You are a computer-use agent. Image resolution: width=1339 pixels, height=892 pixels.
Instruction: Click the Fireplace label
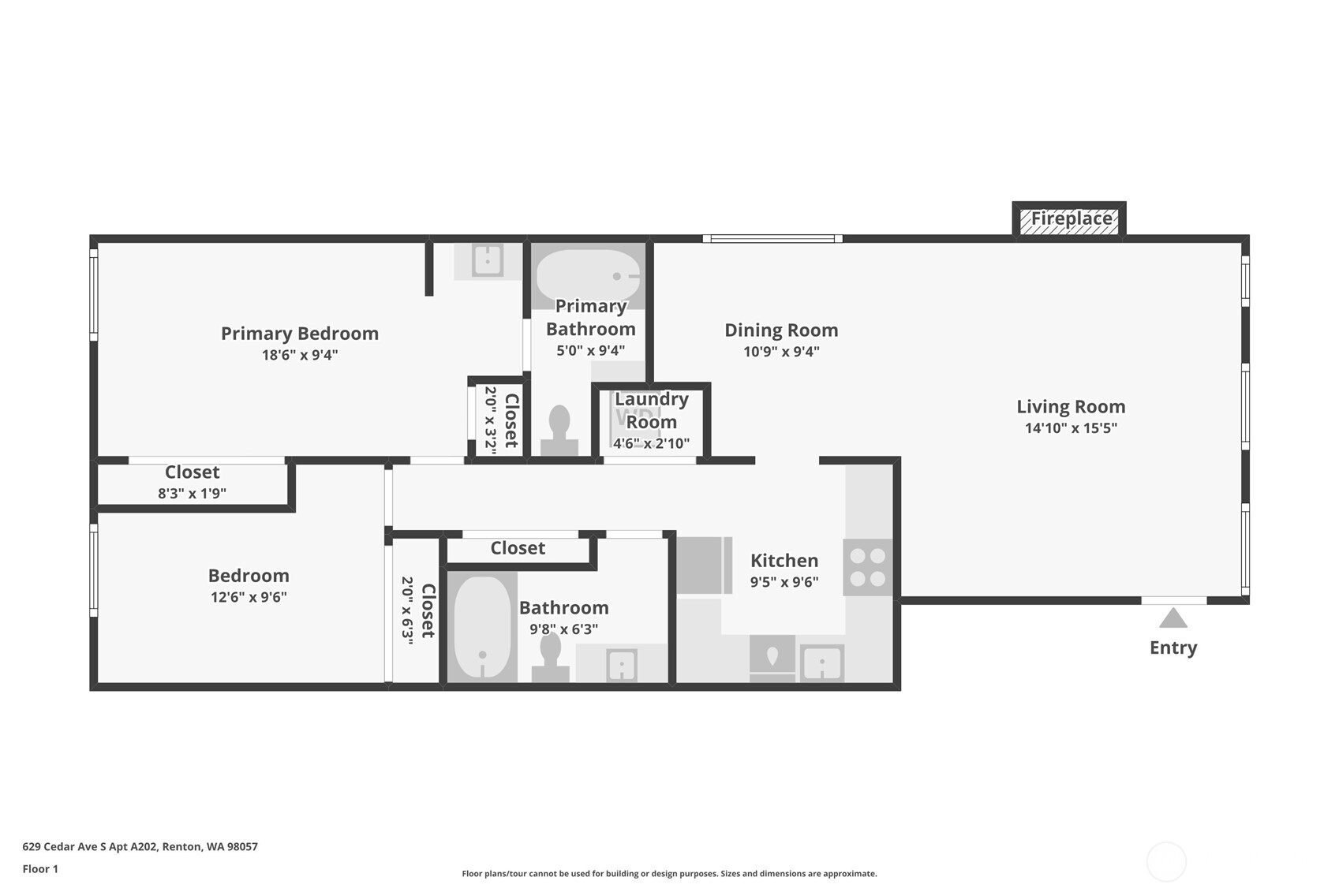(1071, 218)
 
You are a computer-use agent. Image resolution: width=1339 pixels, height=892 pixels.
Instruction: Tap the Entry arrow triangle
(1173, 618)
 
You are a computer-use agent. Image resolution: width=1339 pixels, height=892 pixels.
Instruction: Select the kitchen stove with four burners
(867, 567)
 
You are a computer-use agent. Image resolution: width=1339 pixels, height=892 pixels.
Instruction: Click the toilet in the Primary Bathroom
(559, 431)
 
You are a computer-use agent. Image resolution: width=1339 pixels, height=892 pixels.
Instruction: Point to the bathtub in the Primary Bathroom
(589, 276)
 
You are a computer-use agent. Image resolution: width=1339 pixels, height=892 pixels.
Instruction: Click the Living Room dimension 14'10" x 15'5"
(1071, 428)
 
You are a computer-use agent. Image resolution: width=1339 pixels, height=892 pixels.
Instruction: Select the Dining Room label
(781, 330)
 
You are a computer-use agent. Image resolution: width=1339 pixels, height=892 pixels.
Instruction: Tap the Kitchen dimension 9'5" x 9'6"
(784, 582)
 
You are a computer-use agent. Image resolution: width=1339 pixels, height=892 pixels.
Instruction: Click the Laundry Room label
(652, 410)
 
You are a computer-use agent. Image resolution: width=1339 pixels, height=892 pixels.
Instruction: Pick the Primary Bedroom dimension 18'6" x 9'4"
(300, 355)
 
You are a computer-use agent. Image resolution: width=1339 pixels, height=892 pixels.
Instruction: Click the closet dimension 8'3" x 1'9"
(192, 494)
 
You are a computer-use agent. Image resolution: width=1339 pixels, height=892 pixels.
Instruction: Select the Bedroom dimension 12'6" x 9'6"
(249, 597)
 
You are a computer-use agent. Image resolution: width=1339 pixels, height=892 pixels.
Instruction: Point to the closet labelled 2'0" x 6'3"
(417, 611)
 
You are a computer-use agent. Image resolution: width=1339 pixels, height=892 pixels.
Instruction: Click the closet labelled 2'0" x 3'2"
(501, 420)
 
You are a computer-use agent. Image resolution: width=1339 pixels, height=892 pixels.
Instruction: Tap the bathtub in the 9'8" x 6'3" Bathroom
(482, 627)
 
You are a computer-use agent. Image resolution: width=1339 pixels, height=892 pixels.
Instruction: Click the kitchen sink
(822, 664)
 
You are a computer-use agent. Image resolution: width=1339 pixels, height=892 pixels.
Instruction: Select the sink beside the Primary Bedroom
(488, 260)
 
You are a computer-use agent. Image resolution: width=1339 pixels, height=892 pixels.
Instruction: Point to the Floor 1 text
(40, 868)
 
